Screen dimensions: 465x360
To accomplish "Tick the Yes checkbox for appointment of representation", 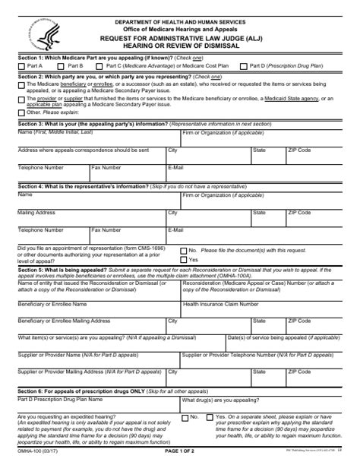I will click(x=183, y=260).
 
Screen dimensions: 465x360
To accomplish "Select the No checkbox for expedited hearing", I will click(x=184, y=417).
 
